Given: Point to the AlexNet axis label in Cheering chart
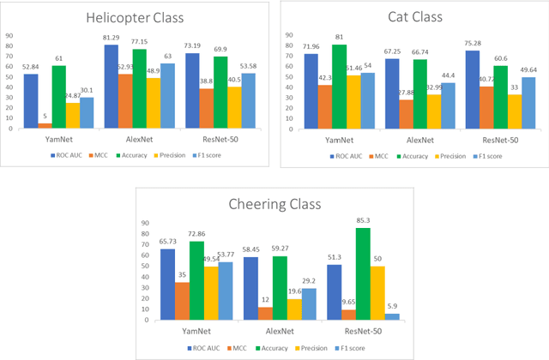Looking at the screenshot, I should pos(274,330).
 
